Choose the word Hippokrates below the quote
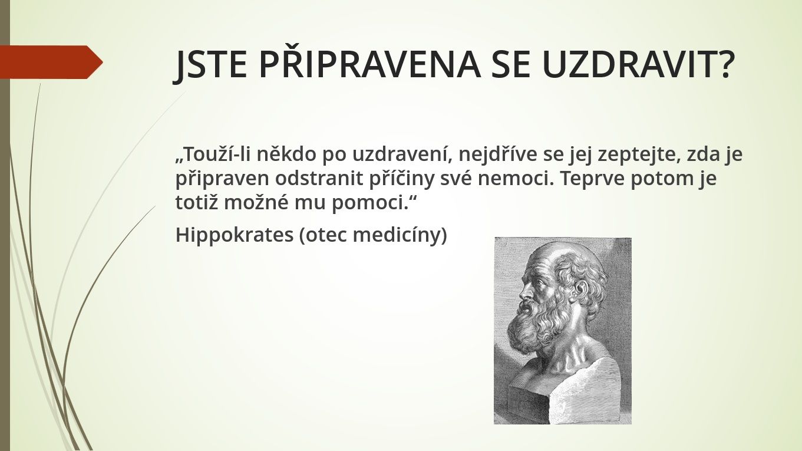[x=235, y=236]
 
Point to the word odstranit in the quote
[x=319, y=179]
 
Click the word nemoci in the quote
[x=515, y=179]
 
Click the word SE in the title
[x=510, y=64]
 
